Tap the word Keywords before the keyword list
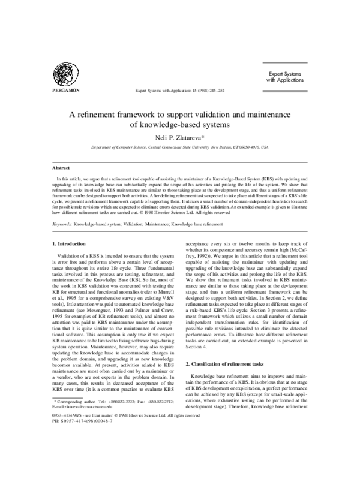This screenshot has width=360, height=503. (x=62, y=223)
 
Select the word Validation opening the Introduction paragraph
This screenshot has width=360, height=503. (x=71, y=255)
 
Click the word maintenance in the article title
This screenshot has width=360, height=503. (x=263, y=115)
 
